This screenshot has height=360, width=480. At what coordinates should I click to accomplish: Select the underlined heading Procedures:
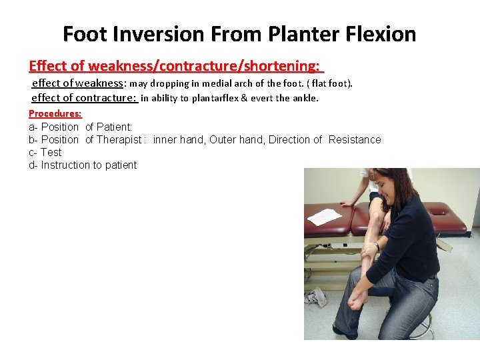point(55,113)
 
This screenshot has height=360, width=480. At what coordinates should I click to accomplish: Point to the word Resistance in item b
point(355,139)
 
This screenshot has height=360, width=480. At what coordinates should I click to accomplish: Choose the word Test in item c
point(51,152)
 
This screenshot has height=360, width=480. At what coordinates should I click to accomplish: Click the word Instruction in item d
point(64,165)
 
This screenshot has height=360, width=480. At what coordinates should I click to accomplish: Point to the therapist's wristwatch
point(377,247)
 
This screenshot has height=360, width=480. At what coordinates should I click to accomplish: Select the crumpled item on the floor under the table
point(316,297)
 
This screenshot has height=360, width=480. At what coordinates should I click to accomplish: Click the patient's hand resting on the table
point(347,201)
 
